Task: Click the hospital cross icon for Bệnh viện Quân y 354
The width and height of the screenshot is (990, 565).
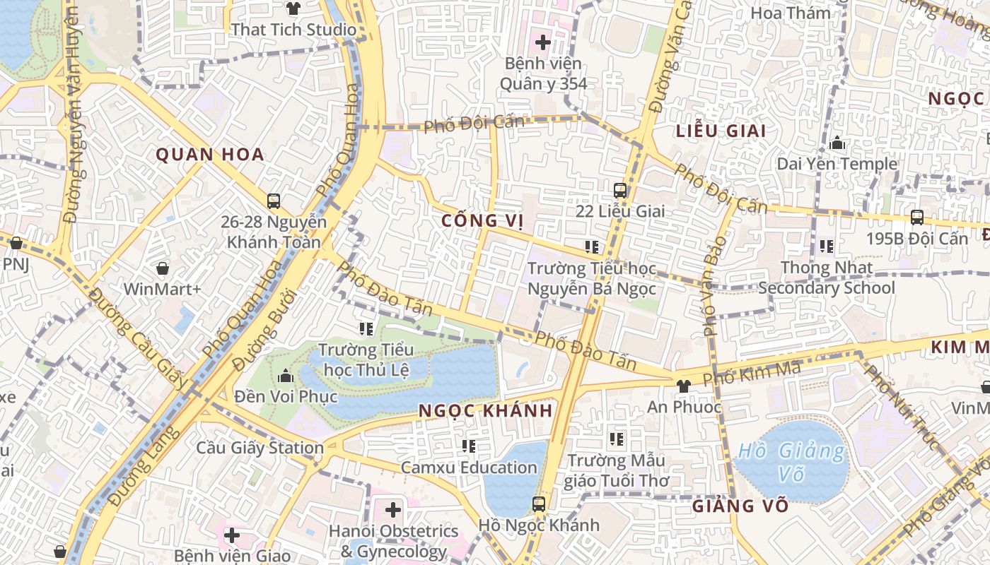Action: click(542, 42)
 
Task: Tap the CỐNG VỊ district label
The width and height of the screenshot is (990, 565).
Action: click(482, 221)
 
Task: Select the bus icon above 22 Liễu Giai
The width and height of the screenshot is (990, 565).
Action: click(620, 190)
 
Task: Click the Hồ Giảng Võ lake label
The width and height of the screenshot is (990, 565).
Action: click(791, 462)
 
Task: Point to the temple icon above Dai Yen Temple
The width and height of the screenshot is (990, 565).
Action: click(837, 143)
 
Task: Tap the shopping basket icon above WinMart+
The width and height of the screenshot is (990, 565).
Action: click(163, 268)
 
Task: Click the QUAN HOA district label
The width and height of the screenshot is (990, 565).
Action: click(209, 155)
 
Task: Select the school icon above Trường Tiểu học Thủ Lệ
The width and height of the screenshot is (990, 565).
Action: click(366, 328)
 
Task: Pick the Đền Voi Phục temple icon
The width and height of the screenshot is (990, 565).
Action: click(286, 376)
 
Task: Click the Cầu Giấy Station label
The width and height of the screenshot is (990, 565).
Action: click(260, 448)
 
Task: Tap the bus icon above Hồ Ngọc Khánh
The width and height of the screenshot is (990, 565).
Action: click(539, 504)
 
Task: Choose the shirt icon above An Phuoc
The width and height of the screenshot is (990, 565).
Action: click(683, 386)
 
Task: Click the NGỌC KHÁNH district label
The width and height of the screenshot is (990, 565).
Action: click(485, 410)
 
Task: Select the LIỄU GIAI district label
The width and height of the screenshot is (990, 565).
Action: click(721, 131)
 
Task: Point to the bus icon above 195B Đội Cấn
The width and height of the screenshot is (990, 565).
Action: click(917, 218)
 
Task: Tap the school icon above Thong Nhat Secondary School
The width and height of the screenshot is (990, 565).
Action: click(826, 246)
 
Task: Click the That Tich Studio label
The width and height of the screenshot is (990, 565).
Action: click(293, 30)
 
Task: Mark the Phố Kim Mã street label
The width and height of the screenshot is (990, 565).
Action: click(752, 373)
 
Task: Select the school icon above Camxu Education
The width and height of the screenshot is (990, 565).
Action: click(468, 446)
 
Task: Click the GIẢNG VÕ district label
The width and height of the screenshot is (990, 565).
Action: click(740, 506)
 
